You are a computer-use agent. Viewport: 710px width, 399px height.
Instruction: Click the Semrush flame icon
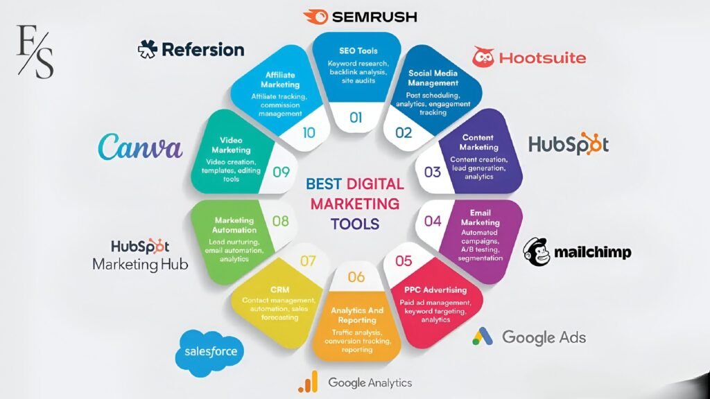pos(315,17)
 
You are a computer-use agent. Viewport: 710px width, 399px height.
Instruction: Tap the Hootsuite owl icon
pos(483,57)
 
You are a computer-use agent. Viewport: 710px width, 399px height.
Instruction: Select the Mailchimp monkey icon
pos(537,251)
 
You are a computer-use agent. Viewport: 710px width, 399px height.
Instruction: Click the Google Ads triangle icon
pos(483,337)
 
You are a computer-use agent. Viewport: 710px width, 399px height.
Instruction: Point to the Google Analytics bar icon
pos(308,382)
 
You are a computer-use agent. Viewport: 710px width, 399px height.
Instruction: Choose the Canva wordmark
pos(140,146)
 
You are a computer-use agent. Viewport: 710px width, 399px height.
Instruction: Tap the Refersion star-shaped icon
pos(148,49)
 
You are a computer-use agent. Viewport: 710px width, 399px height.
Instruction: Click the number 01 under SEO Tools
pos(356,118)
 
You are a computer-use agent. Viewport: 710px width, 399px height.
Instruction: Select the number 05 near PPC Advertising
pos(404,261)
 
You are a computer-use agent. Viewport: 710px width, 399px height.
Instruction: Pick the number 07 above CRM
pos(308,261)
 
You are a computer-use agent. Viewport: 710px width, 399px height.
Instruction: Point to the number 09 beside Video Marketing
pos(282,172)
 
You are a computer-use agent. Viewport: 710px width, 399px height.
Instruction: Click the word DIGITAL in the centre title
pos(375,184)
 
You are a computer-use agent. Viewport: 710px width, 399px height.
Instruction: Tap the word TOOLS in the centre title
pos(355,224)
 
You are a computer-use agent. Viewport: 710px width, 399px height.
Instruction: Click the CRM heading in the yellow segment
pos(280,290)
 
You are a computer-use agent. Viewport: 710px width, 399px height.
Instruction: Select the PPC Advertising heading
pos(435,290)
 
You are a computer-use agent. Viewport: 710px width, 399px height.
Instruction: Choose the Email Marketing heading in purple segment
pos(480,217)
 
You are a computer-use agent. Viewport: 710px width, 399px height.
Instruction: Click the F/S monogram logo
pos(35,51)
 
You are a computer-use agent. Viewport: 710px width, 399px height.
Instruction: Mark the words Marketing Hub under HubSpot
pos(140,264)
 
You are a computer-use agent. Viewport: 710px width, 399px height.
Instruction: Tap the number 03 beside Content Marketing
pos(433,172)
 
